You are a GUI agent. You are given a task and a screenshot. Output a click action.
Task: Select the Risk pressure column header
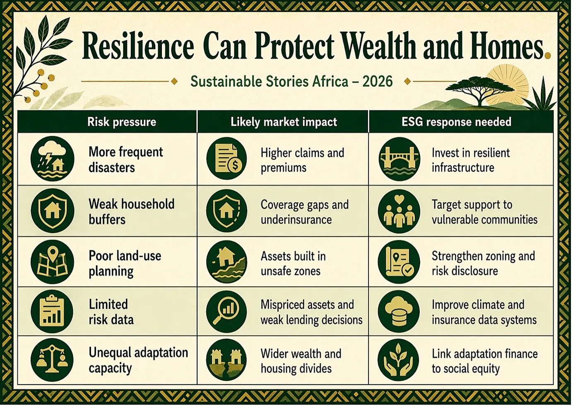[x=122, y=122]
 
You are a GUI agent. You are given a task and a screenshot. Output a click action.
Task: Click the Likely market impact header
[x=284, y=122]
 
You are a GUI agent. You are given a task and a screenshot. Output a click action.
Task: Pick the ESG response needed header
[x=456, y=122]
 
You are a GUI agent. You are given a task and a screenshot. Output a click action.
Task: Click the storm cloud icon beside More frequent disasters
[x=53, y=158]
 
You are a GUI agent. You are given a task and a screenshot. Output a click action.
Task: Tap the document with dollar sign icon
[x=226, y=159]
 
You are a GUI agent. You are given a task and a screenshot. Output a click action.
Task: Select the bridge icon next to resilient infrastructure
[x=399, y=159]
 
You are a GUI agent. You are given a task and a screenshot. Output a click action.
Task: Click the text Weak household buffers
[x=132, y=212]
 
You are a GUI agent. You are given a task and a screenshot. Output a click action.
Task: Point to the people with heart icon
[x=399, y=211]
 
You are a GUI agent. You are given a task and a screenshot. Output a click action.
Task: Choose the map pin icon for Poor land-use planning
[x=53, y=262]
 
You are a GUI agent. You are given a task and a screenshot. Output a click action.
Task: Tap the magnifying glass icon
[x=226, y=311]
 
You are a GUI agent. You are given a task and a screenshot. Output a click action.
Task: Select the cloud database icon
[x=399, y=311]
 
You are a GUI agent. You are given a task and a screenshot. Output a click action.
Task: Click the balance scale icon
[x=52, y=360]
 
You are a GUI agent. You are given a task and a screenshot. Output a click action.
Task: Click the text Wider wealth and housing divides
[x=301, y=361]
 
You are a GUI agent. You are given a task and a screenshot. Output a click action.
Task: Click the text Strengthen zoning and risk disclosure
[x=483, y=263]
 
